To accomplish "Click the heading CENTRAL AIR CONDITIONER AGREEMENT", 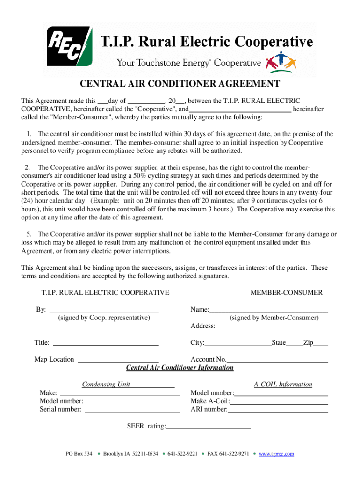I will (180, 84).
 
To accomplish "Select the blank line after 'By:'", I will (104, 310).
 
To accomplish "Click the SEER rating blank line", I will (209, 428).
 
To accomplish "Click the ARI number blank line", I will (278, 411).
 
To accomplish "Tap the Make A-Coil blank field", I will (279, 402).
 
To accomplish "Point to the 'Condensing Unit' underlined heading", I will (106, 385).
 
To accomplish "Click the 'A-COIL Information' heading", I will (283, 385).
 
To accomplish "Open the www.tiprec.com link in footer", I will (276, 454).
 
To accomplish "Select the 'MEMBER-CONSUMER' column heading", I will (286, 293).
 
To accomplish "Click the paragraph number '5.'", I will (28, 234).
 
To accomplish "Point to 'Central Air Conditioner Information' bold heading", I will (180, 368).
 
